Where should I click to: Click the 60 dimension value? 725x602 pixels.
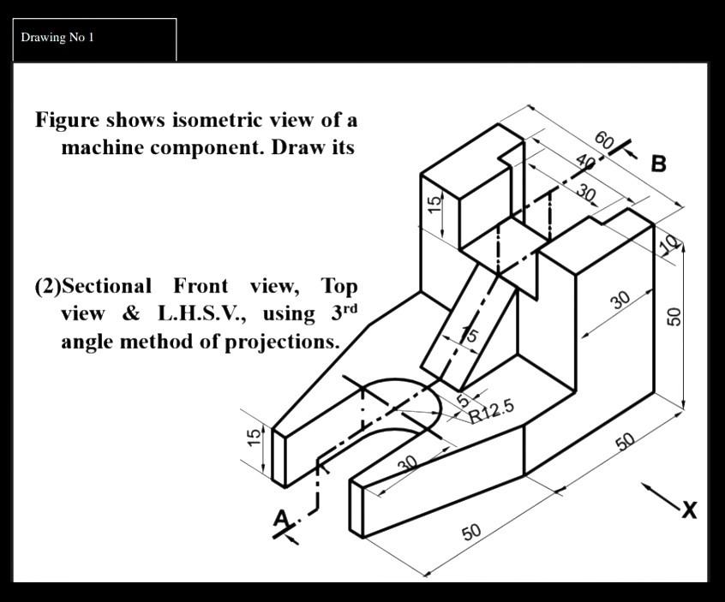pos(604,140)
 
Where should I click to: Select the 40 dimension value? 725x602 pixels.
pos(585,163)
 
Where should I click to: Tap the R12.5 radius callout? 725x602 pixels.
pos(492,411)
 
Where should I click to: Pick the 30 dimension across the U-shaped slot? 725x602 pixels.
pos(408,463)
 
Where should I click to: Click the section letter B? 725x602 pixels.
pos(658,164)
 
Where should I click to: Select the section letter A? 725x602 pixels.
pos(281,519)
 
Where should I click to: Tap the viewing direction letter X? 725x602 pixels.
pos(688,510)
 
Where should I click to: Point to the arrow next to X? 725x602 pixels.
pos(658,496)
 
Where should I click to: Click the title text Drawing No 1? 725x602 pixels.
pos(57,37)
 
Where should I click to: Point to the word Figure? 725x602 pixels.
pos(67,119)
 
